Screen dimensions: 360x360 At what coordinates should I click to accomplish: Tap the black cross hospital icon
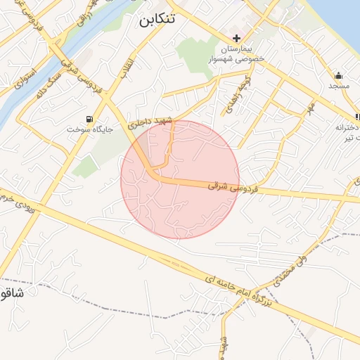(236, 38)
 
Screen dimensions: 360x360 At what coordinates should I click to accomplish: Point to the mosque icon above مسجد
(339, 75)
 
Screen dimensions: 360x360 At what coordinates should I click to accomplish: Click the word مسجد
(339, 86)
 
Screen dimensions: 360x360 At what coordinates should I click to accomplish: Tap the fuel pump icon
(89, 119)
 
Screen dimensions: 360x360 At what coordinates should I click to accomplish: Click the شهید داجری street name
(150, 121)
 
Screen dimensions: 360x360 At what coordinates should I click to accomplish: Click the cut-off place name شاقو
(12, 292)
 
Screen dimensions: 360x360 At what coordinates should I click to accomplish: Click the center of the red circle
(180, 179)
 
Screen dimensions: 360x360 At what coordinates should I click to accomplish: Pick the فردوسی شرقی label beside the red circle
(234, 188)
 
